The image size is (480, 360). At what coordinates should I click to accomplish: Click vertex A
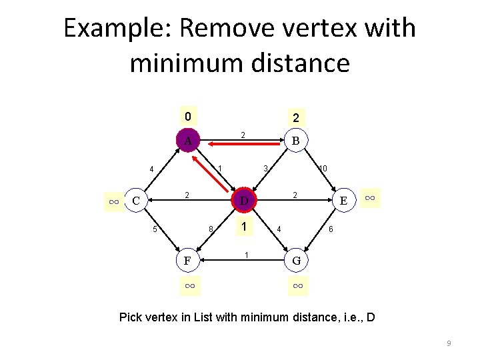click(188, 141)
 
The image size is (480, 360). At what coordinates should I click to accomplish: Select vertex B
click(295, 141)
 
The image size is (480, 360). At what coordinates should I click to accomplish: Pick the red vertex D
click(244, 201)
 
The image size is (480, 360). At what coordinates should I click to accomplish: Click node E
click(343, 201)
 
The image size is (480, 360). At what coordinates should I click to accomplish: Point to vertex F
click(189, 259)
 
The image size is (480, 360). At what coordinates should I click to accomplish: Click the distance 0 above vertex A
click(188, 117)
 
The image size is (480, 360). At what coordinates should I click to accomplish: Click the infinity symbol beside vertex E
click(371, 197)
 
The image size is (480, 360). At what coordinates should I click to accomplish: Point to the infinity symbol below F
click(189, 286)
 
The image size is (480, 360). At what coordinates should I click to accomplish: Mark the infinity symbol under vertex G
click(297, 286)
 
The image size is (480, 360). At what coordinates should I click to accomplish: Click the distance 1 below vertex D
click(245, 227)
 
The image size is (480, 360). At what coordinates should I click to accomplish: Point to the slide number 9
click(449, 343)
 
